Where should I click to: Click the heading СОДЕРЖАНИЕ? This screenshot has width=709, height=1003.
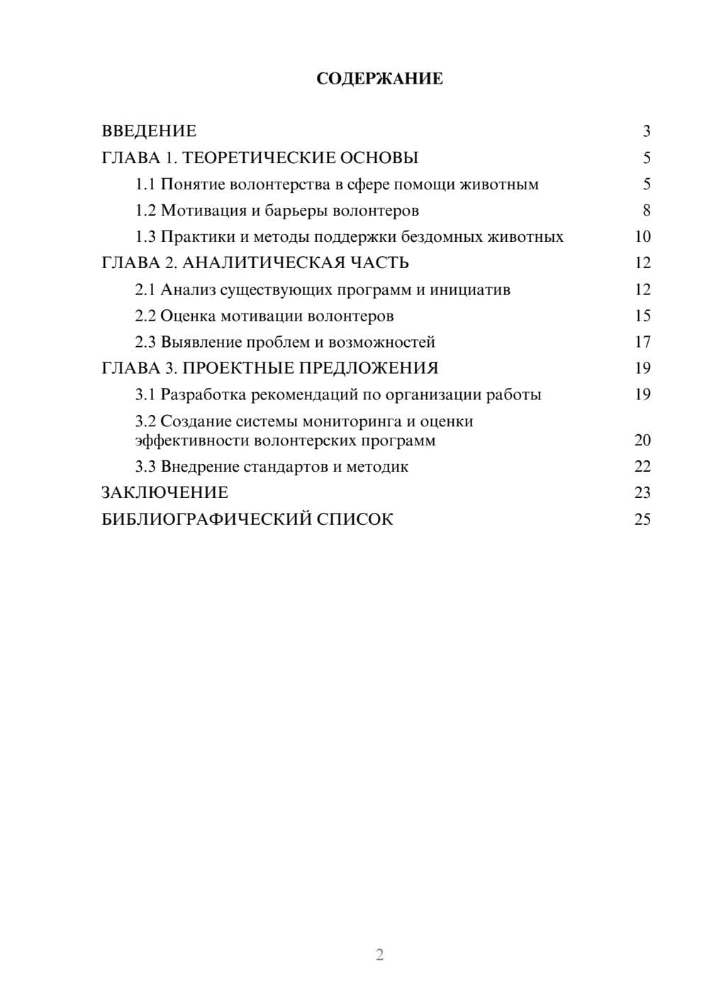pyautogui.click(x=379, y=79)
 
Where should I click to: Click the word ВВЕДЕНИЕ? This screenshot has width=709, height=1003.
pyautogui.click(x=149, y=131)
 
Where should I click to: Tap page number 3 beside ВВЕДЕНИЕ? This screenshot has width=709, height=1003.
pyautogui.click(x=646, y=131)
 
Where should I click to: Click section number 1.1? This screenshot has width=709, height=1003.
pyautogui.click(x=145, y=184)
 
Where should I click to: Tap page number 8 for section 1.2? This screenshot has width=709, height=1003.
pyautogui.click(x=646, y=211)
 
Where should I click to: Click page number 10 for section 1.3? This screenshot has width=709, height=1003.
pyautogui.click(x=642, y=237)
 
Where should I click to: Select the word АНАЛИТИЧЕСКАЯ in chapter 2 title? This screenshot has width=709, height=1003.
pyautogui.click(x=262, y=263)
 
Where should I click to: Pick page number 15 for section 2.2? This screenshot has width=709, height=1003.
pyautogui.click(x=642, y=316)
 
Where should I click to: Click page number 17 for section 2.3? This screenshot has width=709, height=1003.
pyautogui.click(x=642, y=343)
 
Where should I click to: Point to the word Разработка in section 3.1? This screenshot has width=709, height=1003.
pyautogui.click(x=202, y=395)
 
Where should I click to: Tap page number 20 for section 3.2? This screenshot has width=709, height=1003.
pyautogui.click(x=642, y=440)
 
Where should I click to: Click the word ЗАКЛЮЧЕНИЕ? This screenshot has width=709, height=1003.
pyautogui.click(x=164, y=493)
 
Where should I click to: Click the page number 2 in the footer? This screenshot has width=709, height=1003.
pyautogui.click(x=379, y=955)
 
